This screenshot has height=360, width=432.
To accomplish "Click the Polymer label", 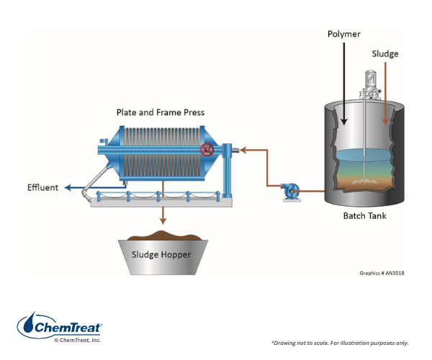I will pyautogui.click(x=345, y=35).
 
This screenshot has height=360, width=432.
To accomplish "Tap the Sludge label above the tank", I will pyautogui.click(x=384, y=54).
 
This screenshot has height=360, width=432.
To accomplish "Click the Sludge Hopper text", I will pyautogui.click(x=159, y=253).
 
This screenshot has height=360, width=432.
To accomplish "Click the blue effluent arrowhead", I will pyautogui.click(x=66, y=188).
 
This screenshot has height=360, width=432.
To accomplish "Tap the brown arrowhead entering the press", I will pyautogui.click(x=243, y=150).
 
